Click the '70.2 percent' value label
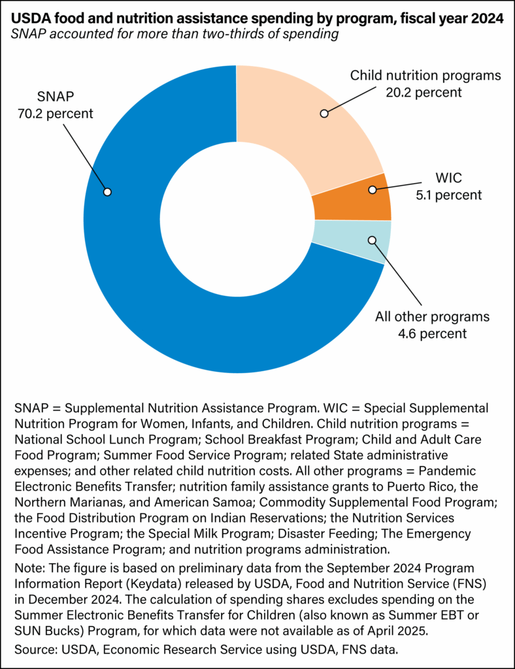coord(56,114)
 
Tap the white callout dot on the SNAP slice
coord(107,192)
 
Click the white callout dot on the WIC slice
coord(373,190)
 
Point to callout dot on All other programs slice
coord(373,240)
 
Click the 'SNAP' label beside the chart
coord(56,97)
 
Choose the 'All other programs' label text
coord(431,317)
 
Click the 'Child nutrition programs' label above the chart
coord(425,75)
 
